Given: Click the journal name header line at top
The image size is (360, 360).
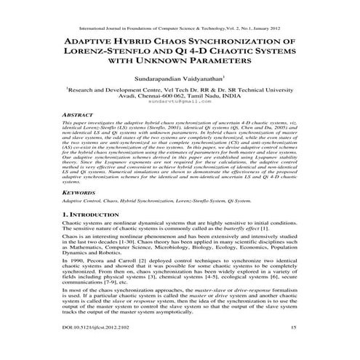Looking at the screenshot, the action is coord(180,12).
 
